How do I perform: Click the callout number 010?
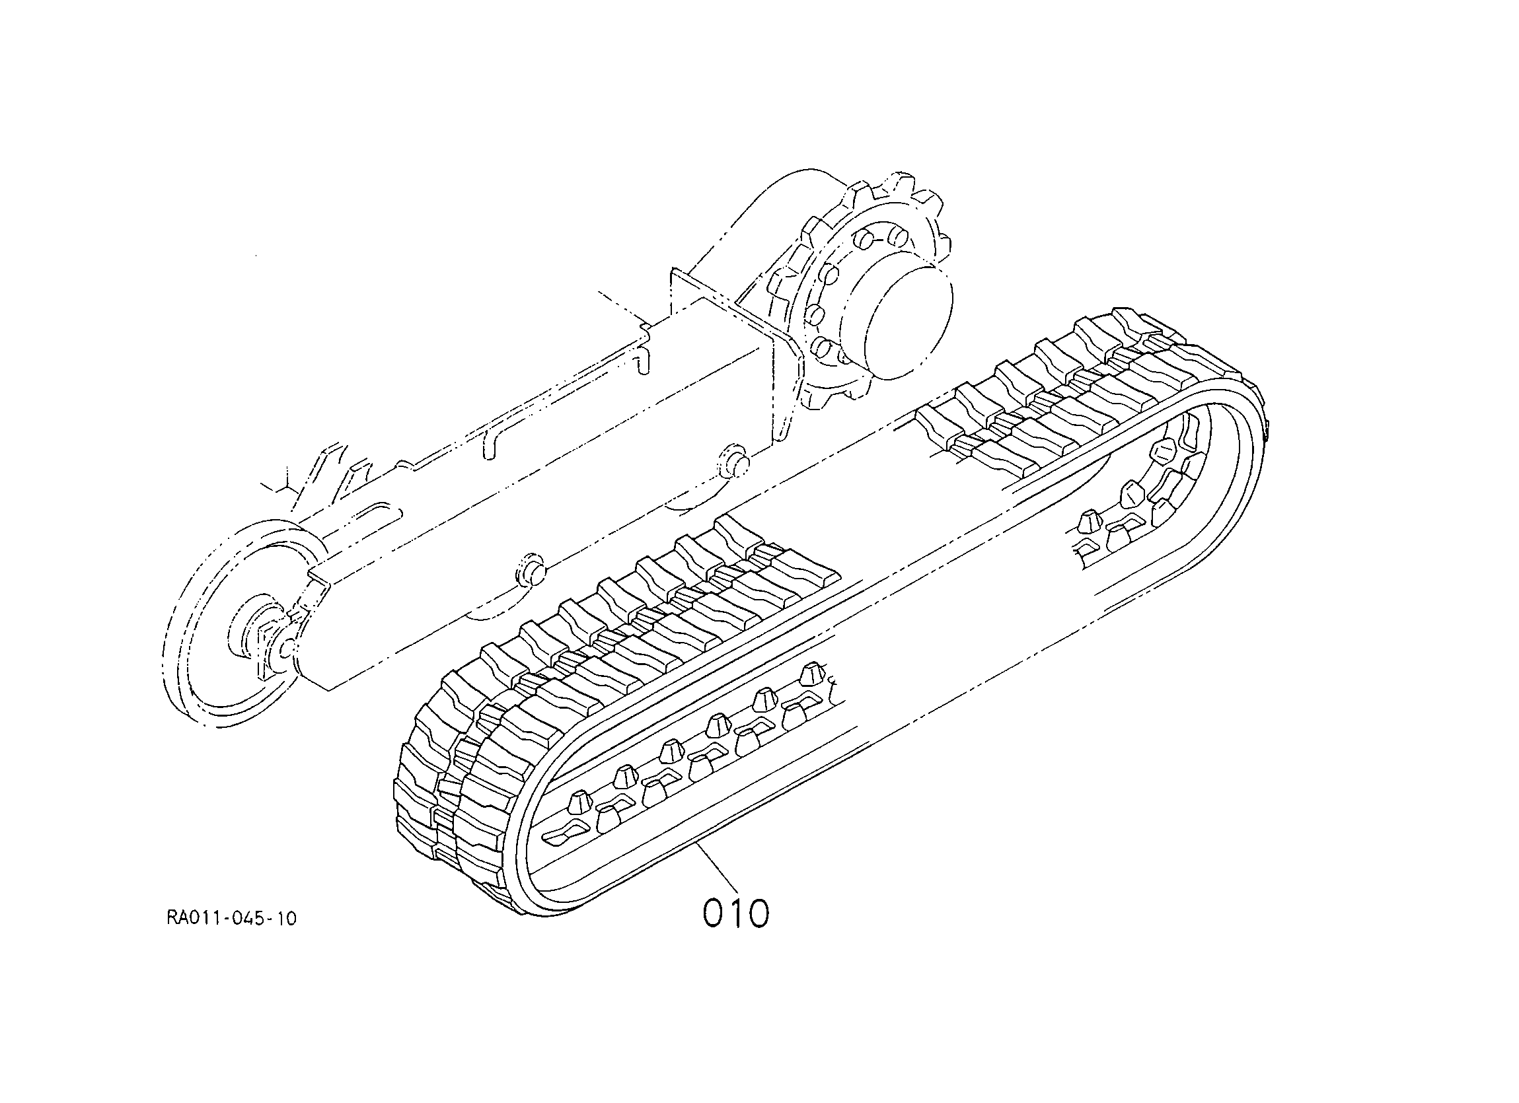[736, 913]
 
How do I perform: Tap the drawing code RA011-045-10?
[232, 918]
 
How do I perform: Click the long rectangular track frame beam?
[536, 482]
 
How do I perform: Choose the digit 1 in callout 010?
[736, 913]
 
